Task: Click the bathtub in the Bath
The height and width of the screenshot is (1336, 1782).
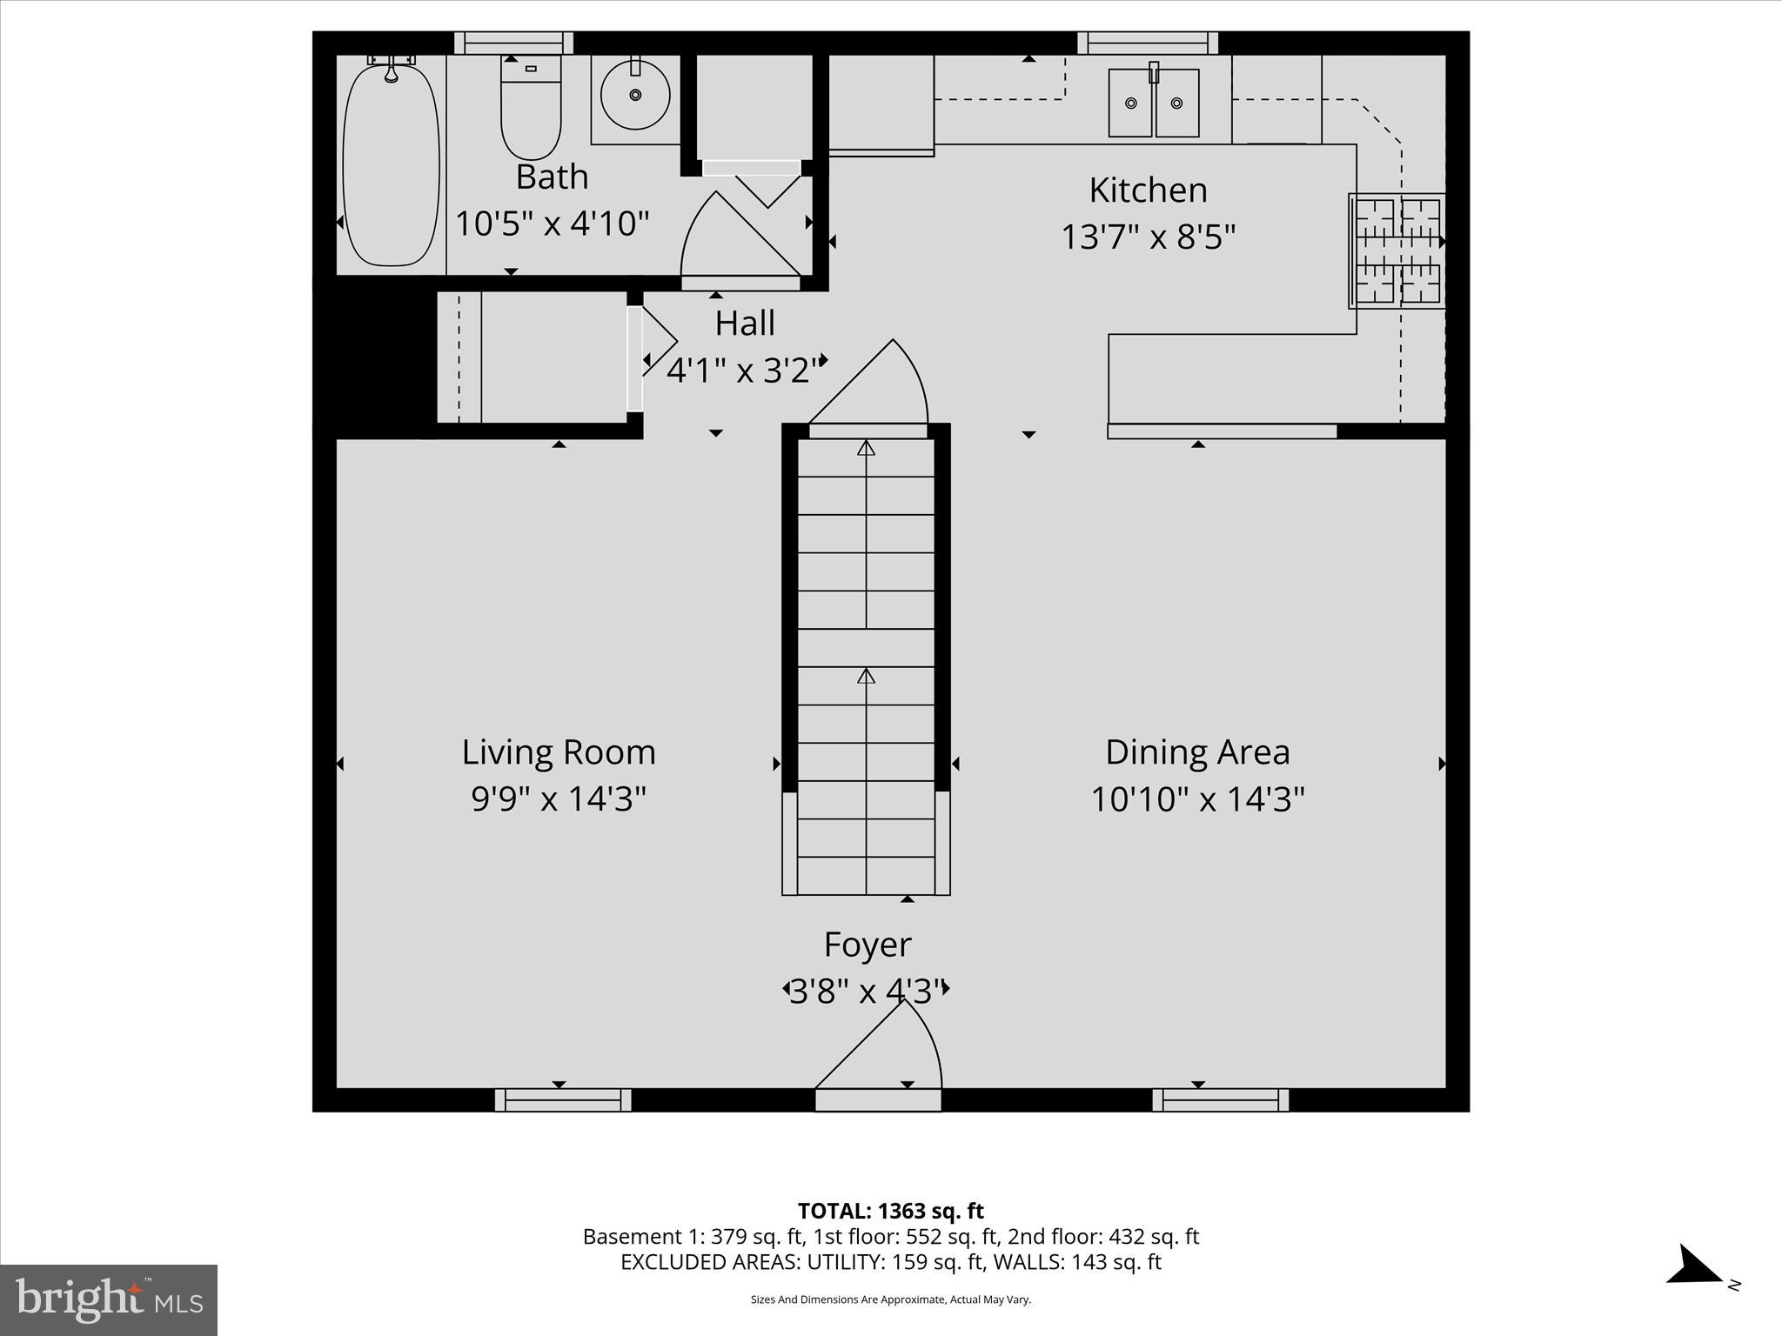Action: (391, 165)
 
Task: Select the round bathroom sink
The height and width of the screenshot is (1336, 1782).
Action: (635, 95)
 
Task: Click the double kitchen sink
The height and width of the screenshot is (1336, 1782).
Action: (1154, 104)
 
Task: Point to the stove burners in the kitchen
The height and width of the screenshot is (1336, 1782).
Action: (1397, 250)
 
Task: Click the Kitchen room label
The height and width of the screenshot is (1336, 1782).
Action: (1148, 190)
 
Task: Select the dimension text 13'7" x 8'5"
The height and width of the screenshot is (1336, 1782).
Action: (1148, 237)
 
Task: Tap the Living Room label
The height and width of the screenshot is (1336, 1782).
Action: (558, 752)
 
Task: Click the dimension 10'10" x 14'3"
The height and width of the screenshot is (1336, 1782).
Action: (1197, 798)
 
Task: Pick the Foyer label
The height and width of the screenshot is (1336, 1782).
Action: (868, 945)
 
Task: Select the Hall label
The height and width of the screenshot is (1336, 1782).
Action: (745, 324)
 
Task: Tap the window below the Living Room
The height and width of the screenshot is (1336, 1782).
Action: (563, 1100)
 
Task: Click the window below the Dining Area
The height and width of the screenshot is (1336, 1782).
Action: (1220, 1100)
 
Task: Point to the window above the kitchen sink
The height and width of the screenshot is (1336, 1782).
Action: (1147, 43)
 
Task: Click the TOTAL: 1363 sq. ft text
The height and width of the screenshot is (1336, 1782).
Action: (890, 1211)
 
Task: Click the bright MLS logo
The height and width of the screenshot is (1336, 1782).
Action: (109, 1299)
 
